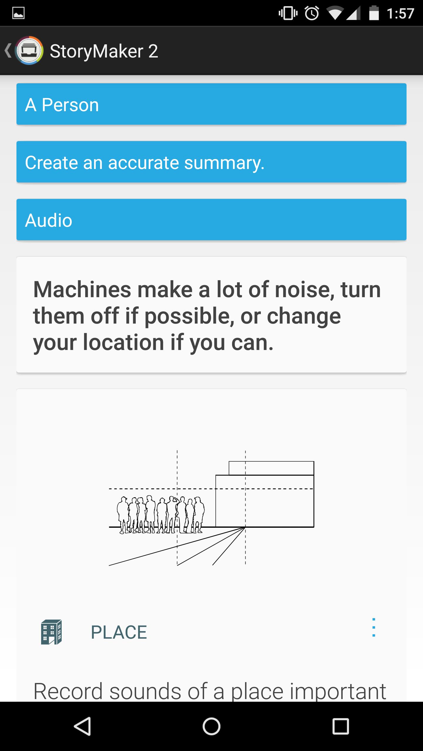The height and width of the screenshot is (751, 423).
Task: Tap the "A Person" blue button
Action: (211, 104)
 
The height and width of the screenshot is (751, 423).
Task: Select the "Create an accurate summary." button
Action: (211, 162)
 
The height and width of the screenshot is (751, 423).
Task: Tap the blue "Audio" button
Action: (211, 220)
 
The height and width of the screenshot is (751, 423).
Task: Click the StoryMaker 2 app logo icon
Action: (29, 51)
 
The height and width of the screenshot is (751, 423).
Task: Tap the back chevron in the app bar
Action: (8, 50)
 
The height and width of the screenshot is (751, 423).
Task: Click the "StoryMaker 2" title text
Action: (104, 51)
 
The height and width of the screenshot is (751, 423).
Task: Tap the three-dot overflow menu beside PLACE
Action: (374, 627)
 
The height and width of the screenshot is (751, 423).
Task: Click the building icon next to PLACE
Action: (51, 632)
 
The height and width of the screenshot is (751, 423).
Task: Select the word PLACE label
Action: (119, 632)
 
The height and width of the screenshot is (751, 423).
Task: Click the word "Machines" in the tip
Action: (82, 290)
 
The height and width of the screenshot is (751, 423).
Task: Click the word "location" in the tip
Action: (123, 342)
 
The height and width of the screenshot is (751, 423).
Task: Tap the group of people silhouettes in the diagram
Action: (161, 515)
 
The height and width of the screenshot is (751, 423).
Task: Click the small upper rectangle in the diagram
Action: (271, 468)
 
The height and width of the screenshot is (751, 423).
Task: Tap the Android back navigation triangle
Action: (83, 726)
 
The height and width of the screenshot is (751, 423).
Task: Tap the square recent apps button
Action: (340, 726)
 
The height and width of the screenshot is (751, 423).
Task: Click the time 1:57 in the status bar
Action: (400, 13)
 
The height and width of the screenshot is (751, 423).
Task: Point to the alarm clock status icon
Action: (312, 13)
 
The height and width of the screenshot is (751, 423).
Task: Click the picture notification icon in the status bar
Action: (18, 13)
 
